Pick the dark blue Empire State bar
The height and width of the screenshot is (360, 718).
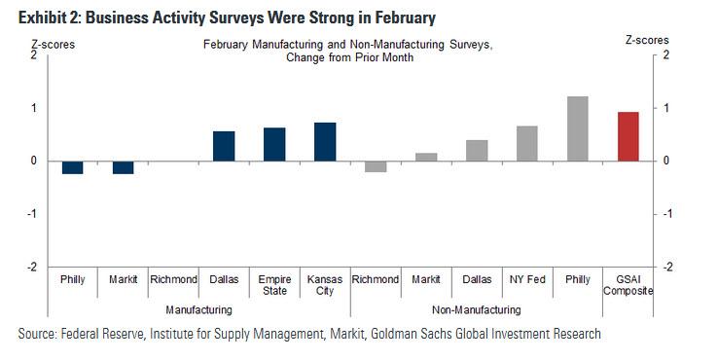coord(274,144)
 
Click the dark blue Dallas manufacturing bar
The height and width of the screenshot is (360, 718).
coord(224,146)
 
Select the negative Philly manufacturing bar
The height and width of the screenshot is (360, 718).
coord(72,167)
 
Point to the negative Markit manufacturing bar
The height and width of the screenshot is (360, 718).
coord(123,167)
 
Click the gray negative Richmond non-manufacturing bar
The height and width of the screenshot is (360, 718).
coord(376,165)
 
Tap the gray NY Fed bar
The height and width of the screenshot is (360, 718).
coord(527,143)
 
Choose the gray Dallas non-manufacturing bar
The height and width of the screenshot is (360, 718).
coord(477,150)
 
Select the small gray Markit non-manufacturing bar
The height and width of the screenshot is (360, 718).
coord(426,157)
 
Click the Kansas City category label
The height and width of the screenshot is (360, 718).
coord(325,285)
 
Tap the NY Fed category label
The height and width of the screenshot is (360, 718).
coord(527,279)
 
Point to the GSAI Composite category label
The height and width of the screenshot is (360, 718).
coord(628,285)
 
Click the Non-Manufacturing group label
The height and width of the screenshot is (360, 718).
coord(477,309)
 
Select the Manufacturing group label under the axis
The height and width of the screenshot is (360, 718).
coord(198,309)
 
